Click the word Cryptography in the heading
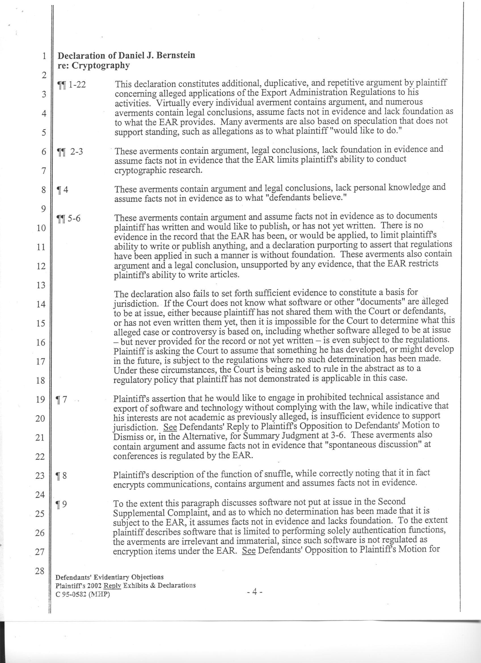tap(101, 65)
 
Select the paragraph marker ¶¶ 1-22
tap(72, 85)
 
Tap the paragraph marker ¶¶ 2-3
tap(70, 152)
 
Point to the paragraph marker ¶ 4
tap(62, 190)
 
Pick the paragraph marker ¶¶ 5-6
tap(69, 218)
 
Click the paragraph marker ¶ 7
tap(62, 399)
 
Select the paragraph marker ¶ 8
tap(61, 476)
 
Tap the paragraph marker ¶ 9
tap(61, 504)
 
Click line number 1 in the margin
tap(44, 56)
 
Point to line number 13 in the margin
tap(41, 285)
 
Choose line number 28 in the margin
tap(40, 571)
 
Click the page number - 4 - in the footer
tap(255, 592)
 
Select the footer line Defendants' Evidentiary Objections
tap(109, 577)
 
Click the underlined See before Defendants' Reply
tap(170, 427)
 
